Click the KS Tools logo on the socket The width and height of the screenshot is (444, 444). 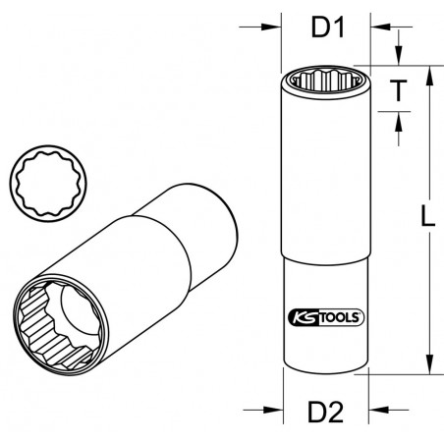[325, 315]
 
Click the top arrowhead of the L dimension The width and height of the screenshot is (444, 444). [428, 72]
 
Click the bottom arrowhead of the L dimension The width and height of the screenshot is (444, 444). [428, 370]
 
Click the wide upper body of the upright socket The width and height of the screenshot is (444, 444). [325, 177]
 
